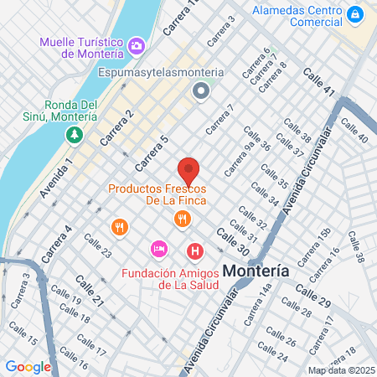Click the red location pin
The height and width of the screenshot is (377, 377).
click(x=188, y=170)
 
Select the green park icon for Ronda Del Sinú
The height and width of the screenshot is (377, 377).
click(x=75, y=133)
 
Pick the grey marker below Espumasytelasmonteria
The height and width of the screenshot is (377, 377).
click(x=200, y=91)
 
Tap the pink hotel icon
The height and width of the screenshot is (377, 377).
click(x=158, y=249)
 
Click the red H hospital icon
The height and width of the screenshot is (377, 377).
click(x=195, y=250)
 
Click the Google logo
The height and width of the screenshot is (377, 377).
click(x=28, y=366)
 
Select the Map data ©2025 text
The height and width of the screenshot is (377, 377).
click(x=340, y=369)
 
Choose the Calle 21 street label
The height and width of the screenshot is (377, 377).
click(x=90, y=290)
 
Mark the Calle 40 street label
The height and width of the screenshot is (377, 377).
click(x=354, y=131)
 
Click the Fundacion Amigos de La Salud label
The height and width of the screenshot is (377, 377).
click(x=170, y=279)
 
